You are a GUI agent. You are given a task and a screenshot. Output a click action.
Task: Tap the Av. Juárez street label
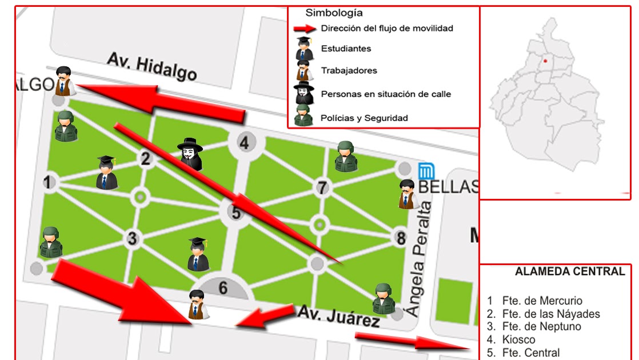click(338, 316)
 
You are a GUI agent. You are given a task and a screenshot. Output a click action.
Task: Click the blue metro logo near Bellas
click(426, 171)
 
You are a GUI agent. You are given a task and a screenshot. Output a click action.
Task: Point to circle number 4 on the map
click(245, 143)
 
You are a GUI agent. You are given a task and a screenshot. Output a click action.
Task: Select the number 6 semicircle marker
click(223, 287)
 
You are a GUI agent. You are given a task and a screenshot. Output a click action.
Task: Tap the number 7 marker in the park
click(322, 187)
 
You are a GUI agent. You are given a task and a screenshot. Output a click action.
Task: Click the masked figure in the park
click(190, 154)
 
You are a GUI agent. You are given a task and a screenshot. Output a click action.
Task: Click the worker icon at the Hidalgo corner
click(63, 81)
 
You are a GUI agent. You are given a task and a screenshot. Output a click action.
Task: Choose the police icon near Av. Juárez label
click(384, 298)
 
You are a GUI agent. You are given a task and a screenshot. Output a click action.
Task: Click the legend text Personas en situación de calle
click(386, 94)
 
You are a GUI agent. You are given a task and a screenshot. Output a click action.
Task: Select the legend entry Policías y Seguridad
click(364, 118)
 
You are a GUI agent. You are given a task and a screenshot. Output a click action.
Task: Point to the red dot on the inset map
click(545, 61)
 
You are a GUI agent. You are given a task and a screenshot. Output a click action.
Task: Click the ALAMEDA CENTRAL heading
click(570, 271)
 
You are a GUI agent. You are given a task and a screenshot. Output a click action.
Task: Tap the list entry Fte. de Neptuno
click(541, 327)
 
